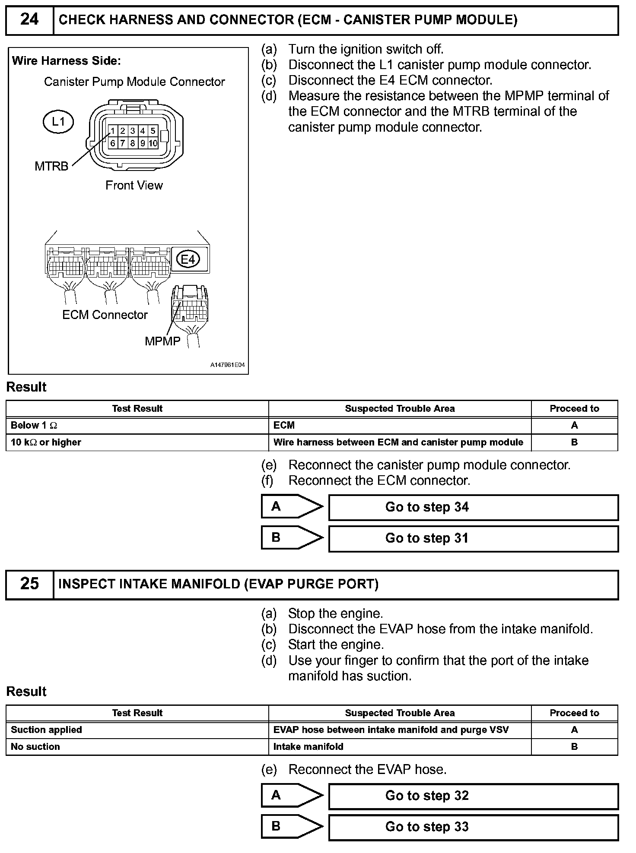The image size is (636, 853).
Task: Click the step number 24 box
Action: pos(29,20)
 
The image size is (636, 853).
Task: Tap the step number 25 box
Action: pos(29,584)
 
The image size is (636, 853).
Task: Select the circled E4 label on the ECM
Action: pos(188,259)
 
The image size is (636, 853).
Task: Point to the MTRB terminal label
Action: pos(51,166)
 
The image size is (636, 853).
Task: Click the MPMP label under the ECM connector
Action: pos(162,341)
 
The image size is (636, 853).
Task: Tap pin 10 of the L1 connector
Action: pos(153,143)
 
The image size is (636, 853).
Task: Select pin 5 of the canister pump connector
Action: pos(153,131)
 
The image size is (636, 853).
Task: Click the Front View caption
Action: pos(134,186)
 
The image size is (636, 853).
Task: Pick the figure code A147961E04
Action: pos(227,365)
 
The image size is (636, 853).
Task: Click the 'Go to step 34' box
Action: pos(473,507)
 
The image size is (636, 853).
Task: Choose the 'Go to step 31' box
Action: pos(473,538)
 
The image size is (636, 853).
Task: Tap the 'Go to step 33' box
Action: pos(473,827)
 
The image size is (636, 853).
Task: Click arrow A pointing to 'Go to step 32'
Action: pos(292,796)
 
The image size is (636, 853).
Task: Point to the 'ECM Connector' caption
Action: pos(105,315)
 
